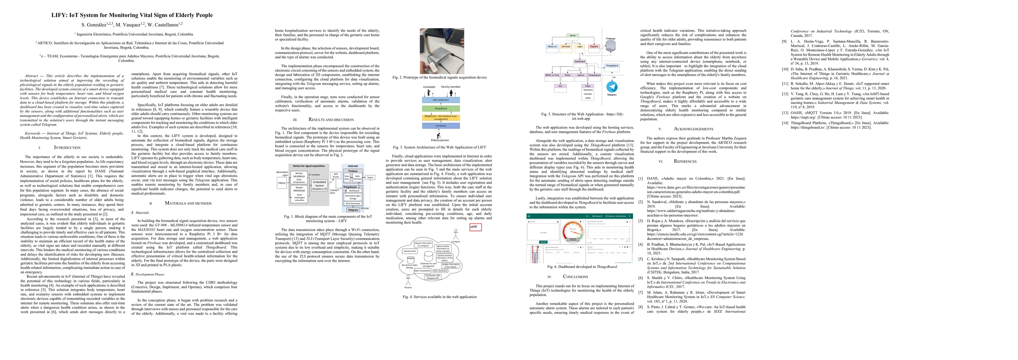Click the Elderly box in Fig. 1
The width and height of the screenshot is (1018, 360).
[x=282, y=183]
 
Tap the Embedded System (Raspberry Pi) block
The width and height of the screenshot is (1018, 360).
[x=319, y=185]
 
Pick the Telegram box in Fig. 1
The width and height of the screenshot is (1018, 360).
[x=353, y=210]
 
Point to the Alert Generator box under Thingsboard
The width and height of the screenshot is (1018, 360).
[x=353, y=203]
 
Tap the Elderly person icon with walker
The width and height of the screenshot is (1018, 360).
[x=439, y=134]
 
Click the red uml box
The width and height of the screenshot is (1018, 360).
[x=475, y=227]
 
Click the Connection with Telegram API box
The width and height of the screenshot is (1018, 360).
[x=433, y=277]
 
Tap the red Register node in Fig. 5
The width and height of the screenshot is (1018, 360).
[x=594, y=46]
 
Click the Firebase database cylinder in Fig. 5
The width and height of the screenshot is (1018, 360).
[x=610, y=45]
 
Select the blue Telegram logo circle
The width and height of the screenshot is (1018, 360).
[x=612, y=86]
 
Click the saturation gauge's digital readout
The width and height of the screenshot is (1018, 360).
[x=572, y=239]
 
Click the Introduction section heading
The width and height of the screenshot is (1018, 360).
[x=67, y=147]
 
